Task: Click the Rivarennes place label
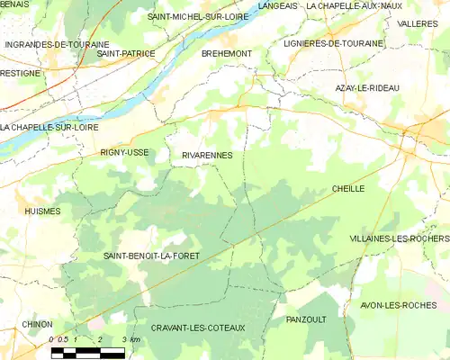(x=207, y=155)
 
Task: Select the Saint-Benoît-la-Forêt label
(x=150, y=256)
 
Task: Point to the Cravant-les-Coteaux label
(x=198, y=328)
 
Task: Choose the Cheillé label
(x=348, y=189)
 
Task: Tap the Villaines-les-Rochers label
(x=399, y=238)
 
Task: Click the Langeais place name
(x=276, y=5)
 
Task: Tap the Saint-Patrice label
(x=126, y=54)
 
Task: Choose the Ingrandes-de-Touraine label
(x=57, y=44)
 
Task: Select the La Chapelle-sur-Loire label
(x=50, y=126)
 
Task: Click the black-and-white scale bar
(x=88, y=353)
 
